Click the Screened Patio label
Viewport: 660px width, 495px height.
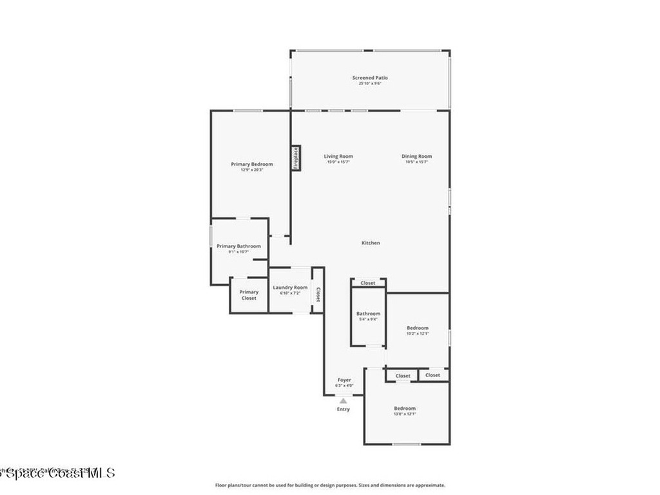[x=370, y=78]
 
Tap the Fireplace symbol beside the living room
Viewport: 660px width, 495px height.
[x=296, y=158]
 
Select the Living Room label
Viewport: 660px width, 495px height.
[x=338, y=157]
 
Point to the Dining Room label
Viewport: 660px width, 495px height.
[x=416, y=157]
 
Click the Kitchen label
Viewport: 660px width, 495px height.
[x=371, y=243]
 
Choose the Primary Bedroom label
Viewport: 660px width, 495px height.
[x=251, y=164]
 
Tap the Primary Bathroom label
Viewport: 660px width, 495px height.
[x=238, y=246]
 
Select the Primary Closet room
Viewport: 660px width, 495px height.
[x=249, y=295]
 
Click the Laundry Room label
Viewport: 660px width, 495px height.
[x=290, y=287]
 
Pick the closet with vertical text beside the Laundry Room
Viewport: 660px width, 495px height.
[x=317, y=294]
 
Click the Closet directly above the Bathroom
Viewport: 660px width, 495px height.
[x=368, y=283]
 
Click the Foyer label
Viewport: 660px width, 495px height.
[x=344, y=380]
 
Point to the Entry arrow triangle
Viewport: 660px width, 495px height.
[x=344, y=401]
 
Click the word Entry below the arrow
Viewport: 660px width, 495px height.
[x=344, y=409]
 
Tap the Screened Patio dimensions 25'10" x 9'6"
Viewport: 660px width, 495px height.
[x=370, y=84]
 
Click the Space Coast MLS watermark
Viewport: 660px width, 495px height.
[x=58, y=473]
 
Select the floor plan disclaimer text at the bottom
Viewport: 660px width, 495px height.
[x=329, y=485]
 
